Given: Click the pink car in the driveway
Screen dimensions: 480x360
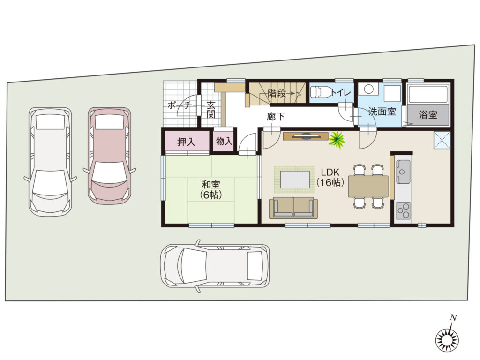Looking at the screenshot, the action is (109, 156).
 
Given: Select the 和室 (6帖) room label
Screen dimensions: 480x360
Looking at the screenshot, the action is (211, 189).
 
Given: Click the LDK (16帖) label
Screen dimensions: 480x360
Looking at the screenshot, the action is (330, 177).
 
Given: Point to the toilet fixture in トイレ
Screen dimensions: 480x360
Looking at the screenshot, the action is (320, 92).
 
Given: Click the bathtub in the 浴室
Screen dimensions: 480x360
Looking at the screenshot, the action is (428, 95).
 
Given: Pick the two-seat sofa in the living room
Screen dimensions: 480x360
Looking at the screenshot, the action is (293, 208).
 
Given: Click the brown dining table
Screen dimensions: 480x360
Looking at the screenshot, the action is (368, 187).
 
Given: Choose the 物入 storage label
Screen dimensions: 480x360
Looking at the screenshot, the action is (224, 141).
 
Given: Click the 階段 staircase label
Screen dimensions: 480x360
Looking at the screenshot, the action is (277, 93).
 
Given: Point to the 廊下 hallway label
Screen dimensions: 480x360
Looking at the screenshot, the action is (276, 116).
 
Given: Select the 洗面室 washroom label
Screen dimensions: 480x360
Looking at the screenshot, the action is (382, 112).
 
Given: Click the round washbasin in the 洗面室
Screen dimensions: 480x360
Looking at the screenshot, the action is (368, 90).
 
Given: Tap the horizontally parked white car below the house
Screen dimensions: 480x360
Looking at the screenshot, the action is (215, 266).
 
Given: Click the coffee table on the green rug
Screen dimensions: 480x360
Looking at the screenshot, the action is (295, 180).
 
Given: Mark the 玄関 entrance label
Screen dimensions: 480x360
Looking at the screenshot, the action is (211, 110).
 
